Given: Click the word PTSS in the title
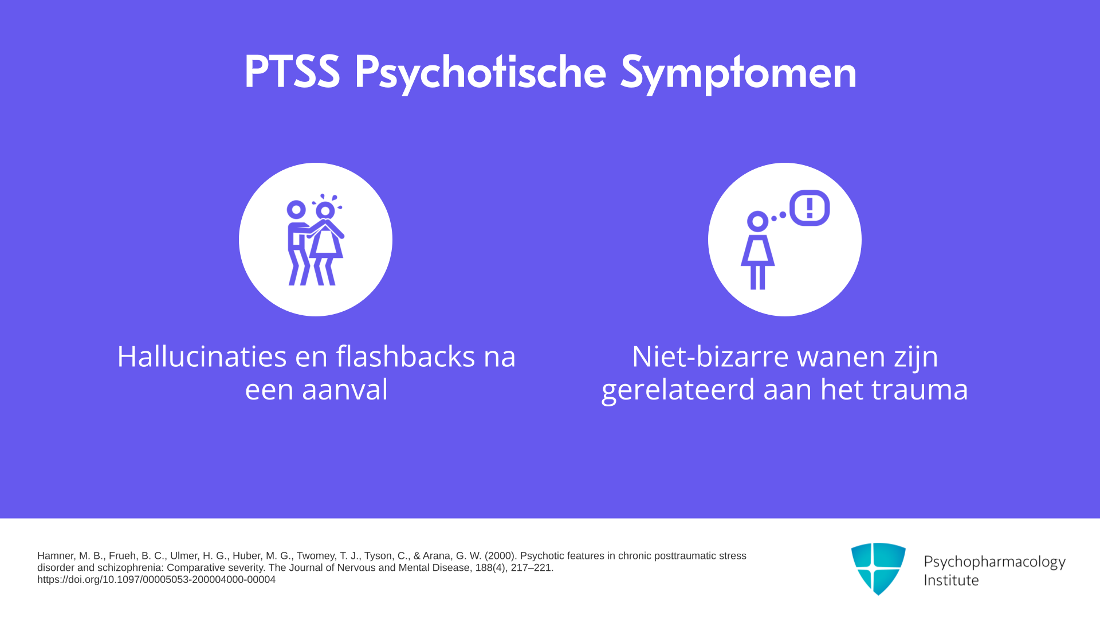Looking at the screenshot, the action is click(x=292, y=72).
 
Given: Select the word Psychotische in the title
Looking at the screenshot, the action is click(x=480, y=74).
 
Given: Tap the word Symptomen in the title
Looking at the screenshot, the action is click(x=738, y=74).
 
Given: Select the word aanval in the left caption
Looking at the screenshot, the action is click(x=345, y=389).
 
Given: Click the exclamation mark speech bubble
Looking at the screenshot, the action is click(x=810, y=207).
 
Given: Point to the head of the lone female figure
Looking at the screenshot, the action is click(x=757, y=221).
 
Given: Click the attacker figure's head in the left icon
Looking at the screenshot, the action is click(x=296, y=210).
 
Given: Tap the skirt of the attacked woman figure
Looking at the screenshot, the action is click(x=326, y=243).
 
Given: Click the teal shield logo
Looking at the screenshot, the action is click(x=878, y=569).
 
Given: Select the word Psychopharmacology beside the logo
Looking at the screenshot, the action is click(x=995, y=562).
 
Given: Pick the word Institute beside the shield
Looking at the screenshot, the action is click(x=951, y=580).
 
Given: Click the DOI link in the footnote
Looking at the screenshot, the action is click(x=156, y=579).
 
